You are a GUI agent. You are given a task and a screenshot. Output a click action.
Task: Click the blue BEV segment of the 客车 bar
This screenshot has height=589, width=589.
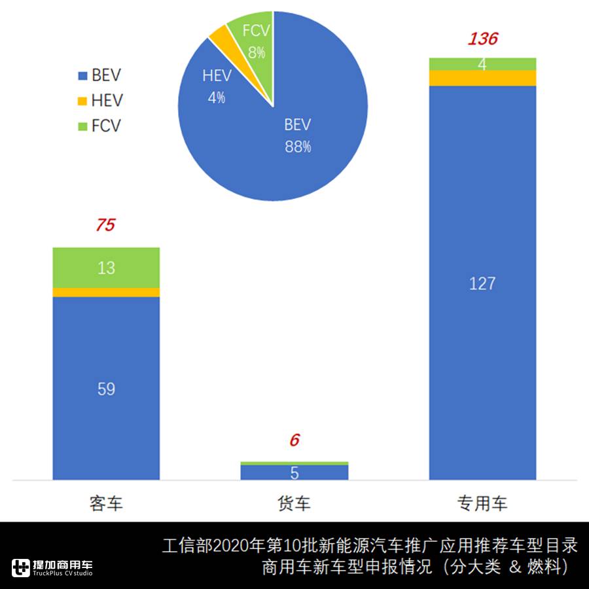coord(106,388)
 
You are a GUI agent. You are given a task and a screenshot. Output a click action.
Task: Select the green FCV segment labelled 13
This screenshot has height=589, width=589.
coord(106,267)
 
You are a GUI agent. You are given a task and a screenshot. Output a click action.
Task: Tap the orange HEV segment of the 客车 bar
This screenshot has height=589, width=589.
coord(106,292)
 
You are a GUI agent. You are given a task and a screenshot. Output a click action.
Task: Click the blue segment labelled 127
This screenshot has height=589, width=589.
coord(482,283)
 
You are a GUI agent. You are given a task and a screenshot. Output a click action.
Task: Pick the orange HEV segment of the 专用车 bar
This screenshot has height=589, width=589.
coord(482,77)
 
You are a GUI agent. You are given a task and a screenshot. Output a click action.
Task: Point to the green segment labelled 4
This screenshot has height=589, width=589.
coord(482,63)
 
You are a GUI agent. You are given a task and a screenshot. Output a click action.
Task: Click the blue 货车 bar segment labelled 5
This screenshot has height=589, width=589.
coord(294,472)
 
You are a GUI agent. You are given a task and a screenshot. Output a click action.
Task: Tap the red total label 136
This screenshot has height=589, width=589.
coord(482,39)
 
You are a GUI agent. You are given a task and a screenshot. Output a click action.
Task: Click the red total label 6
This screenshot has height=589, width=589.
coord(294,440)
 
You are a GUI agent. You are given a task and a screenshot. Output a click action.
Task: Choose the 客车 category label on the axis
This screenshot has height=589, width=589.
coord(106,503)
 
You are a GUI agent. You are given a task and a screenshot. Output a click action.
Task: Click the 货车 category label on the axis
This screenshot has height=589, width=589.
coord(294,503)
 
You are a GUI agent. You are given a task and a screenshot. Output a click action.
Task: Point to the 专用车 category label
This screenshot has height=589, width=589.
coord(482,503)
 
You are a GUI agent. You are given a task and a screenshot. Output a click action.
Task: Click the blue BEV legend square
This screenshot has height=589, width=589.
coord(82,76)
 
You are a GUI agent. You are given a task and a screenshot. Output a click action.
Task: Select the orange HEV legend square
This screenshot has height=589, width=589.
coord(82,101)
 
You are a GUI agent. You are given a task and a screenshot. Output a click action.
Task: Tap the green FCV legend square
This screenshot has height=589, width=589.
coord(82,126)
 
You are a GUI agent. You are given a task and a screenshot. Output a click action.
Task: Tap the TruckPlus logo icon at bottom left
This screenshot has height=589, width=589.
coord(21,567)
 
